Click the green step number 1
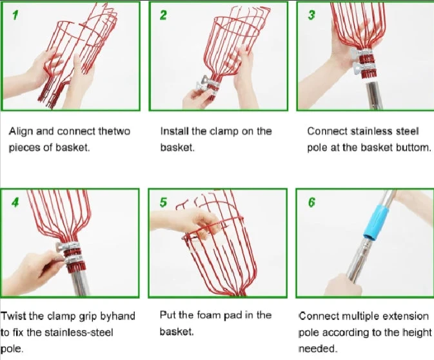coord(15,15)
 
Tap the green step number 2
coord(163,15)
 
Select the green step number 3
coord(311,15)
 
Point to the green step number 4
coord(15,203)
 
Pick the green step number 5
coord(163,203)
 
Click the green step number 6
coord(311,203)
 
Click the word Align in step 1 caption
coord(21,132)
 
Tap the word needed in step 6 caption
coord(318,348)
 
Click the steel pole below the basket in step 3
coord(373,95)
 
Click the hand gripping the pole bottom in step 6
coord(344,285)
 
